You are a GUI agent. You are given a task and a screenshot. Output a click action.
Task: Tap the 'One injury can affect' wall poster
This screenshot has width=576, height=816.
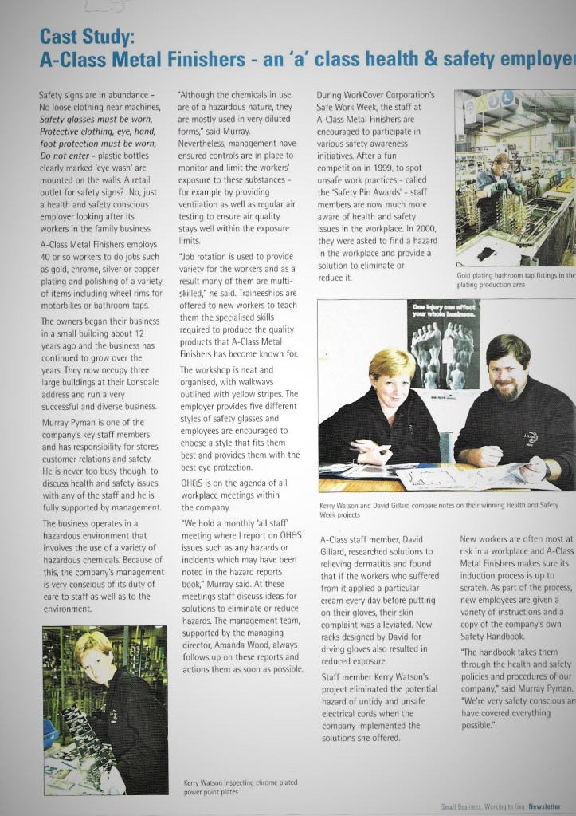click(x=444, y=310)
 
